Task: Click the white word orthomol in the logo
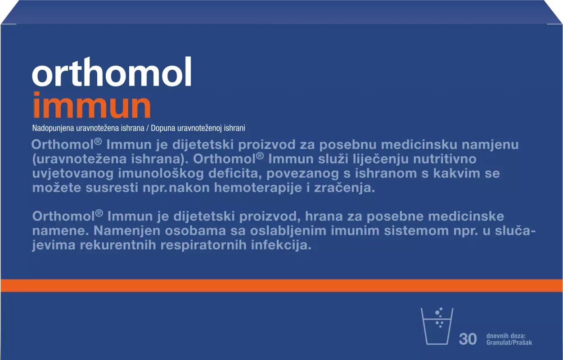point(112,72)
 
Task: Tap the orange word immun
point(92,105)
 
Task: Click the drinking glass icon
point(437,326)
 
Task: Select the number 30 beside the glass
point(468,339)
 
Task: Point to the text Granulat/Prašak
point(509,342)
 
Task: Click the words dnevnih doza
point(506,336)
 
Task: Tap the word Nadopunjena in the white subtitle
point(53,128)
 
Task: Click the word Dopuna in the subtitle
point(163,128)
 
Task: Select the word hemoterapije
point(258,188)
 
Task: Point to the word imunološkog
point(161,174)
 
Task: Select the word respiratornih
point(203,245)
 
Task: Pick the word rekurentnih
point(118,245)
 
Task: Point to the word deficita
point(235,173)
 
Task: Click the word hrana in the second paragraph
point(324,216)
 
